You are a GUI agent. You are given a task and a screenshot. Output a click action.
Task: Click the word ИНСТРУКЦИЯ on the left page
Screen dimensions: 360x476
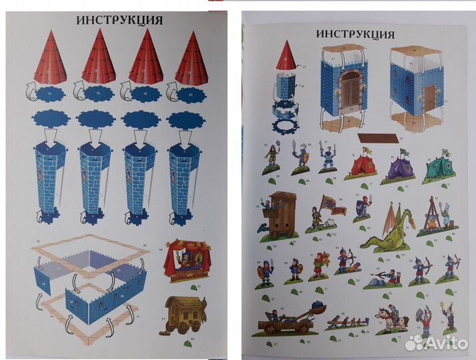point(119,19)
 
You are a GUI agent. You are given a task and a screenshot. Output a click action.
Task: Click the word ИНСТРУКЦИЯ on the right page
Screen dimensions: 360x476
point(355,34)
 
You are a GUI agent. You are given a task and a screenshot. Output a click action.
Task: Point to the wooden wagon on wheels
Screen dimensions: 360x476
point(185,319)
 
